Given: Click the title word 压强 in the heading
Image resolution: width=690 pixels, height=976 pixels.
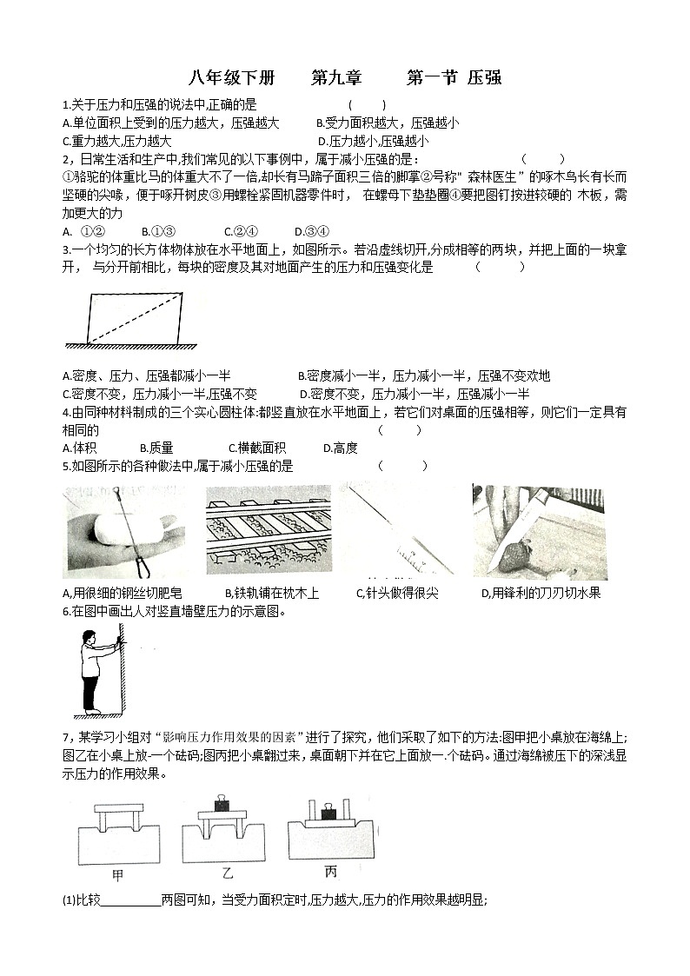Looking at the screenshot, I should (x=484, y=77).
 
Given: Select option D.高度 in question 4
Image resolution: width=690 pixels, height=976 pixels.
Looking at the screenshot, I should (x=340, y=448).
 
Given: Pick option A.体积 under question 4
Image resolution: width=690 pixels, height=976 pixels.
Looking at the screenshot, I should (x=80, y=448).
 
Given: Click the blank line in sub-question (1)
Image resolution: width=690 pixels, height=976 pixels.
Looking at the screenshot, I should (x=130, y=900).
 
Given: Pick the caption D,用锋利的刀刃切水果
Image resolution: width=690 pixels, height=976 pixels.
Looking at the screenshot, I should (x=541, y=593).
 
